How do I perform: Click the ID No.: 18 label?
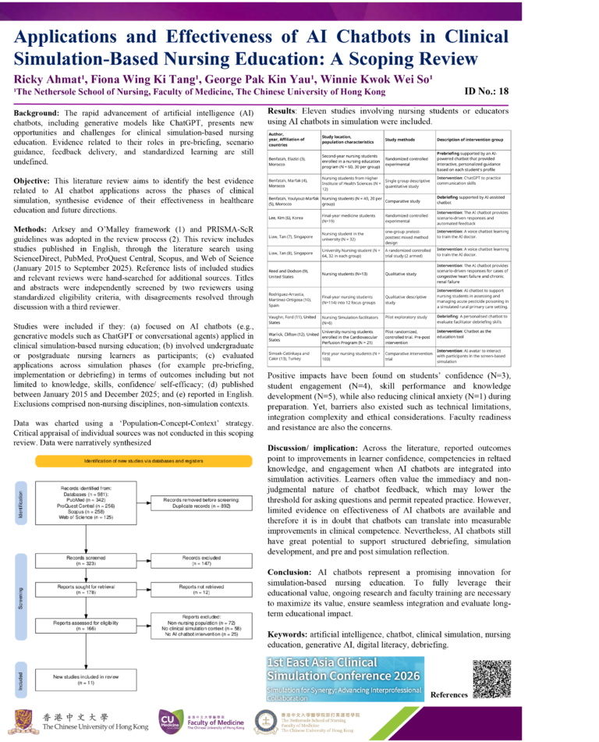point(487,91)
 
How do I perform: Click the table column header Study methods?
point(406,140)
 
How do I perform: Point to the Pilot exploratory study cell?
point(406,317)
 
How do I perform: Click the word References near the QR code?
point(449,694)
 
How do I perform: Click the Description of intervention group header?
point(475,140)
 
